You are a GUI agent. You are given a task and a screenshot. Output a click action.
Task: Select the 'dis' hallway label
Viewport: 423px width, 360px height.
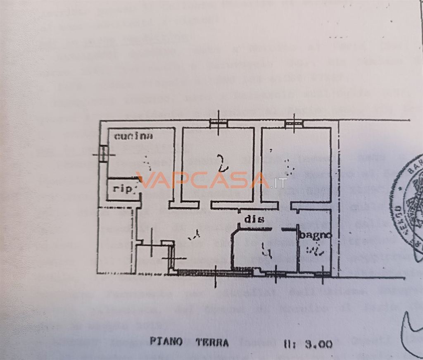click(x=254, y=219)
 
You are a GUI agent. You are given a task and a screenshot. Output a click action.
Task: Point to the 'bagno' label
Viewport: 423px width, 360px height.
click(x=315, y=235)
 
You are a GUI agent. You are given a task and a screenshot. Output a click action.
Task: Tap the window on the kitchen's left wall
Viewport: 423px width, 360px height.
click(x=103, y=154)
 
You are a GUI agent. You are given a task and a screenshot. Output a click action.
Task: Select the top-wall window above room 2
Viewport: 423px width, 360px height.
click(x=218, y=122)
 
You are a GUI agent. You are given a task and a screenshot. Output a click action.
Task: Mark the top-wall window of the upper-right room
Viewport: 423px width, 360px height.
click(x=293, y=122)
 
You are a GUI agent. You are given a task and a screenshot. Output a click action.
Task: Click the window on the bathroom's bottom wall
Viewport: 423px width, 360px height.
click(x=322, y=274)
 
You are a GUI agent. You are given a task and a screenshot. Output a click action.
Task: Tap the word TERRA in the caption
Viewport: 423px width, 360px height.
click(x=212, y=343)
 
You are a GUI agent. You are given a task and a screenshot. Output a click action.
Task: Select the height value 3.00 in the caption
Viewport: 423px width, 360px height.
click(x=318, y=344)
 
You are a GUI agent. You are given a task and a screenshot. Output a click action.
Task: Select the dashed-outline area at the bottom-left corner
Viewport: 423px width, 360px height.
click(x=116, y=240)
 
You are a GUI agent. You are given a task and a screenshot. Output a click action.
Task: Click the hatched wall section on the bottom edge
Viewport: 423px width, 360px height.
click(x=207, y=272)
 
